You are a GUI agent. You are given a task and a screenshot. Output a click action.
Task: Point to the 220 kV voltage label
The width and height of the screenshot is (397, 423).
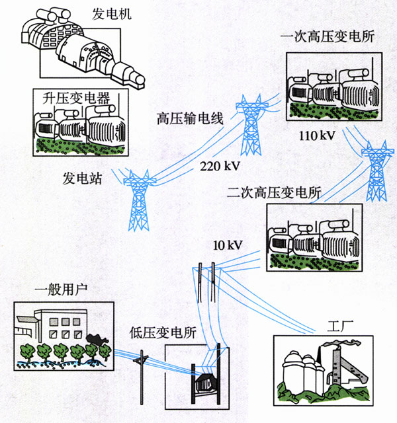point(219,166)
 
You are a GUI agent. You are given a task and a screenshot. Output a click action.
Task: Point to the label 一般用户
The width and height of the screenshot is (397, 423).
point(59,289)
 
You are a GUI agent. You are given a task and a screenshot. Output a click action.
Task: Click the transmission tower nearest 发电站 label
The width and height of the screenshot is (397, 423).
point(139,198)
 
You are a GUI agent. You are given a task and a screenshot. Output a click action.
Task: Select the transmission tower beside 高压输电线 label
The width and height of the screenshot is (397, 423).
point(251,126)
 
